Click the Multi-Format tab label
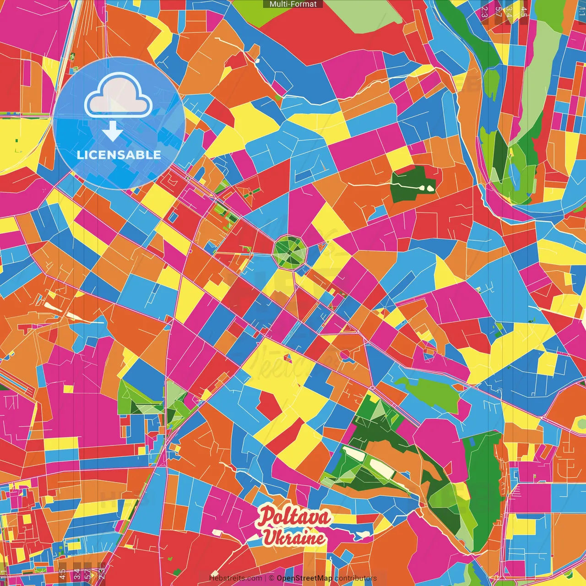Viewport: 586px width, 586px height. pyautogui.click(x=293, y=4)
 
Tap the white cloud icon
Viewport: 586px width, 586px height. pyautogui.click(x=118, y=97)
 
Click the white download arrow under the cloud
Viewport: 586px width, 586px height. pyautogui.click(x=112, y=131)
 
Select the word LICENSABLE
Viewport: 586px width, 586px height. pyautogui.click(x=119, y=155)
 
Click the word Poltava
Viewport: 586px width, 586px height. pyautogui.click(x=293, y=517)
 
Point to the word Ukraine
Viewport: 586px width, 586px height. pyautogui.click(x=294, y=537)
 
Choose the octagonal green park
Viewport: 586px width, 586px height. pyautogui.click(x=290, y=250)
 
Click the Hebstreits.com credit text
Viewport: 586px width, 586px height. pyautogui.click(x=235, y=578)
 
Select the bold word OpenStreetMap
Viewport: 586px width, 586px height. pyautogui.click(x=304, y=578)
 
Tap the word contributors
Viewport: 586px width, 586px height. pyautogui.click(x=356, y=578)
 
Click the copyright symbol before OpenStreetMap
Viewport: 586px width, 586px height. pyautogui.click(x=271, y=578)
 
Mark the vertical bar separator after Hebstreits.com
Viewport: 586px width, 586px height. pyautogui.click(x=266, y=578)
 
